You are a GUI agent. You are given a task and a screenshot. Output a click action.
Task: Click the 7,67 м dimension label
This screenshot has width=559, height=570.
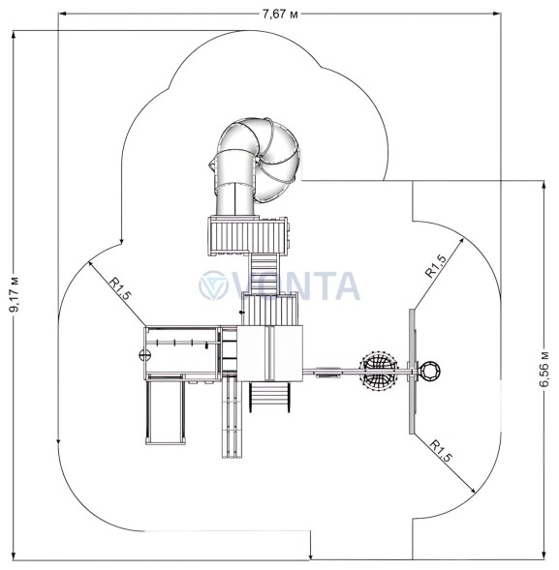[280, 15]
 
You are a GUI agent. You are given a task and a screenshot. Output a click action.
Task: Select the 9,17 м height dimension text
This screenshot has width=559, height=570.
[15, 292]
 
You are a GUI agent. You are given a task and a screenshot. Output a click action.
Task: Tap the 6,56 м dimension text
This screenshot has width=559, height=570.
[544, 369]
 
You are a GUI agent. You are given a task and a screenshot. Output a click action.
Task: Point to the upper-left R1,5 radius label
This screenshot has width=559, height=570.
[119, 289]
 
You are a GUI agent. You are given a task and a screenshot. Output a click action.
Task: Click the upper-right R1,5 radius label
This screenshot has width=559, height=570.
[436, 266]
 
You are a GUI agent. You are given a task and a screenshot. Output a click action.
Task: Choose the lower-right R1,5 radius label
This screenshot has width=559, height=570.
[440, 451]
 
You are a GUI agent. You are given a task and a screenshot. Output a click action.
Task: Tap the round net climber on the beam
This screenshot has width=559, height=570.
[378, 371]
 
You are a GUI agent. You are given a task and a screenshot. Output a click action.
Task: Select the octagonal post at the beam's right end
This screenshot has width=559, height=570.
[430, 372]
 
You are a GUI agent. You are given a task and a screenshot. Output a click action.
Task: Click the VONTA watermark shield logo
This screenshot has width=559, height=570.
[213, 285]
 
